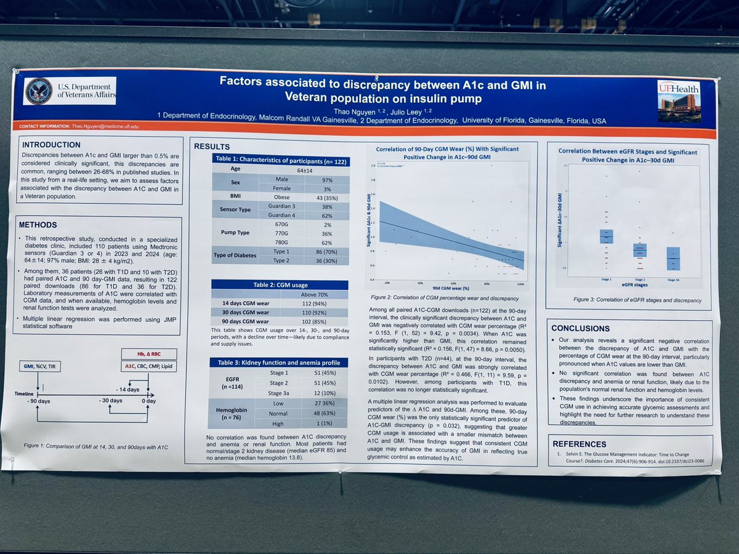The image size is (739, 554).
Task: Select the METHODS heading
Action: [38, 225]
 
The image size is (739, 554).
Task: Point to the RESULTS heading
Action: [211, 147]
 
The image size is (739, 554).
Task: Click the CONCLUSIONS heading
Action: [580, 328]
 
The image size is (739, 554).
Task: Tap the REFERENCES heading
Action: [579, 443]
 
